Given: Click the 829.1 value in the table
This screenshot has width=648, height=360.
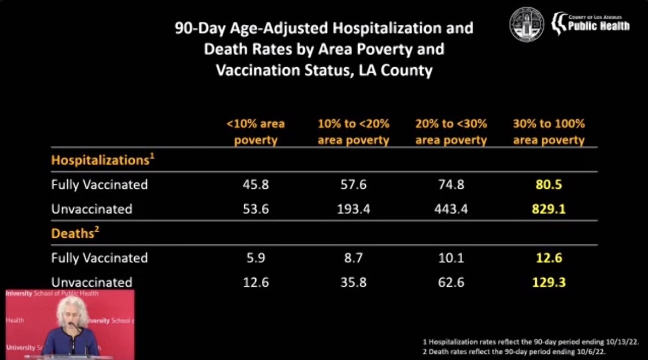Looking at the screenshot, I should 548,209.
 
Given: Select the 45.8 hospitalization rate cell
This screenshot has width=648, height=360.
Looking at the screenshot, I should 255,184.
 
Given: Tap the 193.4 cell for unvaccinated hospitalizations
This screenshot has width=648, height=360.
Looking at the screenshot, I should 353,209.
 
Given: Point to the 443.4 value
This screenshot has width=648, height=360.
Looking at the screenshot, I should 451,209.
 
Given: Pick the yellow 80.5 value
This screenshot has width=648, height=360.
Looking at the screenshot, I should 548,184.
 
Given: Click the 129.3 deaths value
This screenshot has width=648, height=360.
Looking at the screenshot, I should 548,282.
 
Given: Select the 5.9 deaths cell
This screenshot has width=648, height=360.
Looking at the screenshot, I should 255,258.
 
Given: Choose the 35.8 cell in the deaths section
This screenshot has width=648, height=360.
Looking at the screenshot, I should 353,282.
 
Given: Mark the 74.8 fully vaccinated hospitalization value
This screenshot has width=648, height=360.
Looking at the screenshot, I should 451,184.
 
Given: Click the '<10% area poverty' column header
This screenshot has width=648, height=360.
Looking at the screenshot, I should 255,132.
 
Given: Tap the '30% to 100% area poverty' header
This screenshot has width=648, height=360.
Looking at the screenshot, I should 548,132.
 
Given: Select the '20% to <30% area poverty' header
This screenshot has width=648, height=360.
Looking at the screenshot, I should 451,132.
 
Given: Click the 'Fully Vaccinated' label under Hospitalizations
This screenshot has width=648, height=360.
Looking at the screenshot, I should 100,184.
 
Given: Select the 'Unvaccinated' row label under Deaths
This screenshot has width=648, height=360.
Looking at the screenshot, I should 92,282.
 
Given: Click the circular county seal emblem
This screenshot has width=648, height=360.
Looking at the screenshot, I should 526,24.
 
